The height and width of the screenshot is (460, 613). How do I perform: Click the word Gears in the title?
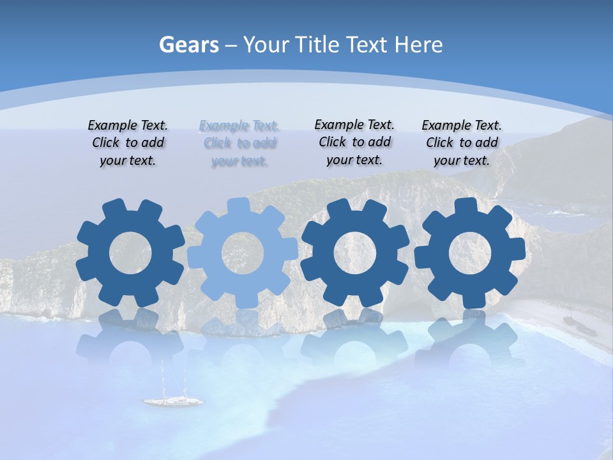tap(189, 45)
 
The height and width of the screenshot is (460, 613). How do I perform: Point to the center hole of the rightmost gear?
tap(470, 253)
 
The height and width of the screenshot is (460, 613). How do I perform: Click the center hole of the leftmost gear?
tap(130, 253)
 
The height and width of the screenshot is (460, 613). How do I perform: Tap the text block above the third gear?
tap(354, 142)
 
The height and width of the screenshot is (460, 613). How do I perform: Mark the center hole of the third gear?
tap(355, 253)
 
